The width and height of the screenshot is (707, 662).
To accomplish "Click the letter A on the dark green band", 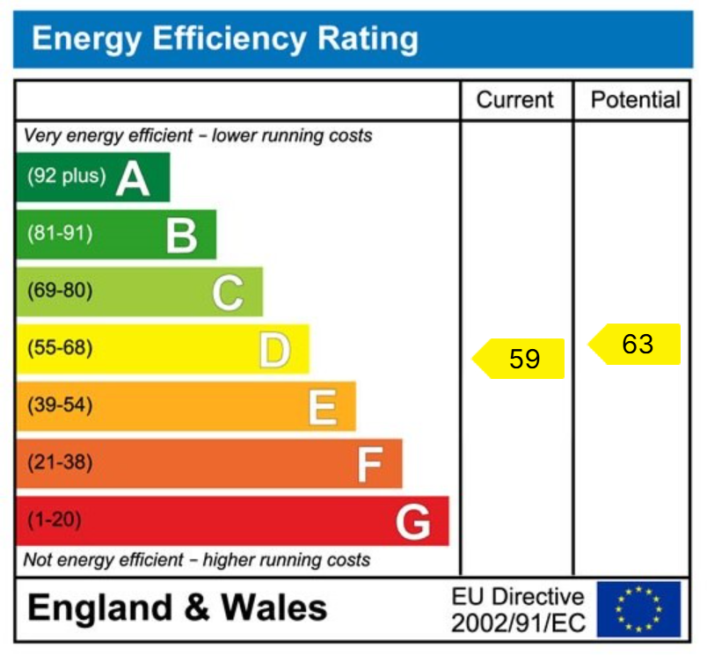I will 133,178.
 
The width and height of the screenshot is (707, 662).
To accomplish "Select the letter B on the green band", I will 181,236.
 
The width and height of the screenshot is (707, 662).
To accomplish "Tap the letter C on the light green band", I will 227,293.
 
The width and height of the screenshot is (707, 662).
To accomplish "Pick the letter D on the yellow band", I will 273,350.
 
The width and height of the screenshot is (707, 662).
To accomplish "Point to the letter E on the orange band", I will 322,407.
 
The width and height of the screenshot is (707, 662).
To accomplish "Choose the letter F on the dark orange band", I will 369,465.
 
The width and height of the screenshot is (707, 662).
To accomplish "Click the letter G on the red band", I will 413,523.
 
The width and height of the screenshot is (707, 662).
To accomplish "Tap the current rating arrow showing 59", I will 519,359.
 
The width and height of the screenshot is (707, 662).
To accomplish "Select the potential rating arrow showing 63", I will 634,344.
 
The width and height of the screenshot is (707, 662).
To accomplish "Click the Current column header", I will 515,100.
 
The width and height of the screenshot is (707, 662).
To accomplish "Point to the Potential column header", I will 635,100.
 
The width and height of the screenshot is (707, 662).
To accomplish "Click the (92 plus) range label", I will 66,177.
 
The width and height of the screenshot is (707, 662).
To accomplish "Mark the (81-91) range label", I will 60,234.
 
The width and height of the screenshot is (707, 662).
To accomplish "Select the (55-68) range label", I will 60,348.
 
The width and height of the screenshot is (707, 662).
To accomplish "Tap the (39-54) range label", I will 60,405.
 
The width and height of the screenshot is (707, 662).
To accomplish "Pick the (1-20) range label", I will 55,520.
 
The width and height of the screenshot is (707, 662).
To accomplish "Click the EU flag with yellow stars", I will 638,609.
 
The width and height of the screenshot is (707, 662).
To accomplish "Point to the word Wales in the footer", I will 273,608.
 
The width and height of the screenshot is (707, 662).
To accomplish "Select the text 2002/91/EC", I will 517,623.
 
